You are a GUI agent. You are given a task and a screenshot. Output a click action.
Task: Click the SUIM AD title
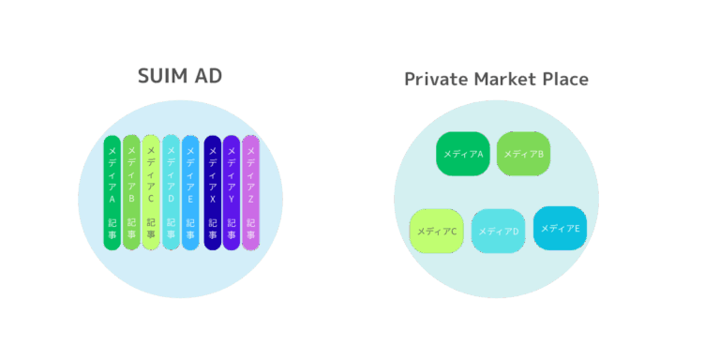180,76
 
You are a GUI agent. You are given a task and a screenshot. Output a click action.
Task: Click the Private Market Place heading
496,79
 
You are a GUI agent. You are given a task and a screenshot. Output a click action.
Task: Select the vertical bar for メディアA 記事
112,192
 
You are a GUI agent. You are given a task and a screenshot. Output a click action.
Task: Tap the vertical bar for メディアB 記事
131,192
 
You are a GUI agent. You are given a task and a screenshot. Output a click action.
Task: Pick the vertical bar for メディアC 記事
151,192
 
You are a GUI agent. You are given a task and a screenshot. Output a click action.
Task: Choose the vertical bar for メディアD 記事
171,192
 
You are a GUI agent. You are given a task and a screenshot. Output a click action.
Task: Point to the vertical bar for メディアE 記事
190,192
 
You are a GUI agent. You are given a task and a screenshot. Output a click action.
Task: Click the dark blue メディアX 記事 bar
212,192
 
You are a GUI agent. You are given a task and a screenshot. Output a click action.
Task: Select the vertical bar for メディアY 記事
231,192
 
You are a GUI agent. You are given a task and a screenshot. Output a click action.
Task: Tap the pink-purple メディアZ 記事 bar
250,192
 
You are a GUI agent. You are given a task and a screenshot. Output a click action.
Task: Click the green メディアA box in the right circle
463,154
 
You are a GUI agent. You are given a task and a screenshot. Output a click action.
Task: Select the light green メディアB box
523,154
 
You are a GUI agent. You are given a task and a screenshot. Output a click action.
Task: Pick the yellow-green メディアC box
437,231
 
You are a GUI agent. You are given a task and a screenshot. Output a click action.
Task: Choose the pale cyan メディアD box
498,231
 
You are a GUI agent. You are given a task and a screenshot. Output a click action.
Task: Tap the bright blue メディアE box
560,228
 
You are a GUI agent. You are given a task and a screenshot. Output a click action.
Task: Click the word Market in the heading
502,79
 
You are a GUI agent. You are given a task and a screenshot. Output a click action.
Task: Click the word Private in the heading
435,79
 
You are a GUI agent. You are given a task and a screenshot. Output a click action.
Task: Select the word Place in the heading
563,79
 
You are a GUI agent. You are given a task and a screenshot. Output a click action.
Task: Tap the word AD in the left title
209,76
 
